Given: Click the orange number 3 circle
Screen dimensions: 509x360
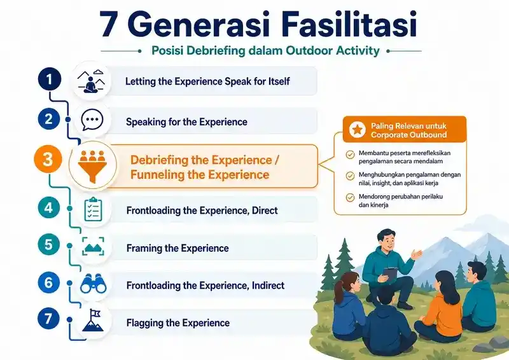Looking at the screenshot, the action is pos(48,160).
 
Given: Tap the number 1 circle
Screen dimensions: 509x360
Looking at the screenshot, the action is pos(50,80).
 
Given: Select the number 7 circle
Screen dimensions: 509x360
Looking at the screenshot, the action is pos(48,319).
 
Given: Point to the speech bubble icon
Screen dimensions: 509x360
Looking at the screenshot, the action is pos(92,120).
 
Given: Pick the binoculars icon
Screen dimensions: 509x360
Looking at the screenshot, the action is pos(93,284).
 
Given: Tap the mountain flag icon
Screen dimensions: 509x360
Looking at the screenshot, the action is pos(93,320).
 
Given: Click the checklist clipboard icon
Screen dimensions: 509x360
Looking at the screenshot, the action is pos(93,209).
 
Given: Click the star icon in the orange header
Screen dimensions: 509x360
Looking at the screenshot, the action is pos(358,130).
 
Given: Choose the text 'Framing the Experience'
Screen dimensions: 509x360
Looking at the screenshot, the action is pos(178,248).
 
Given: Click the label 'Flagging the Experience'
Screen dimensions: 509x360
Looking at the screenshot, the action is pos(178,323).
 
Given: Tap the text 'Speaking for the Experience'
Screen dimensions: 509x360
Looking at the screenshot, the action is pos(186,122).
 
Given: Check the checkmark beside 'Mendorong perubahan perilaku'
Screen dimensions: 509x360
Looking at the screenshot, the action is pos(350,197).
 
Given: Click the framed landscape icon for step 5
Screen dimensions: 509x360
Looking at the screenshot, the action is pos(93,247).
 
